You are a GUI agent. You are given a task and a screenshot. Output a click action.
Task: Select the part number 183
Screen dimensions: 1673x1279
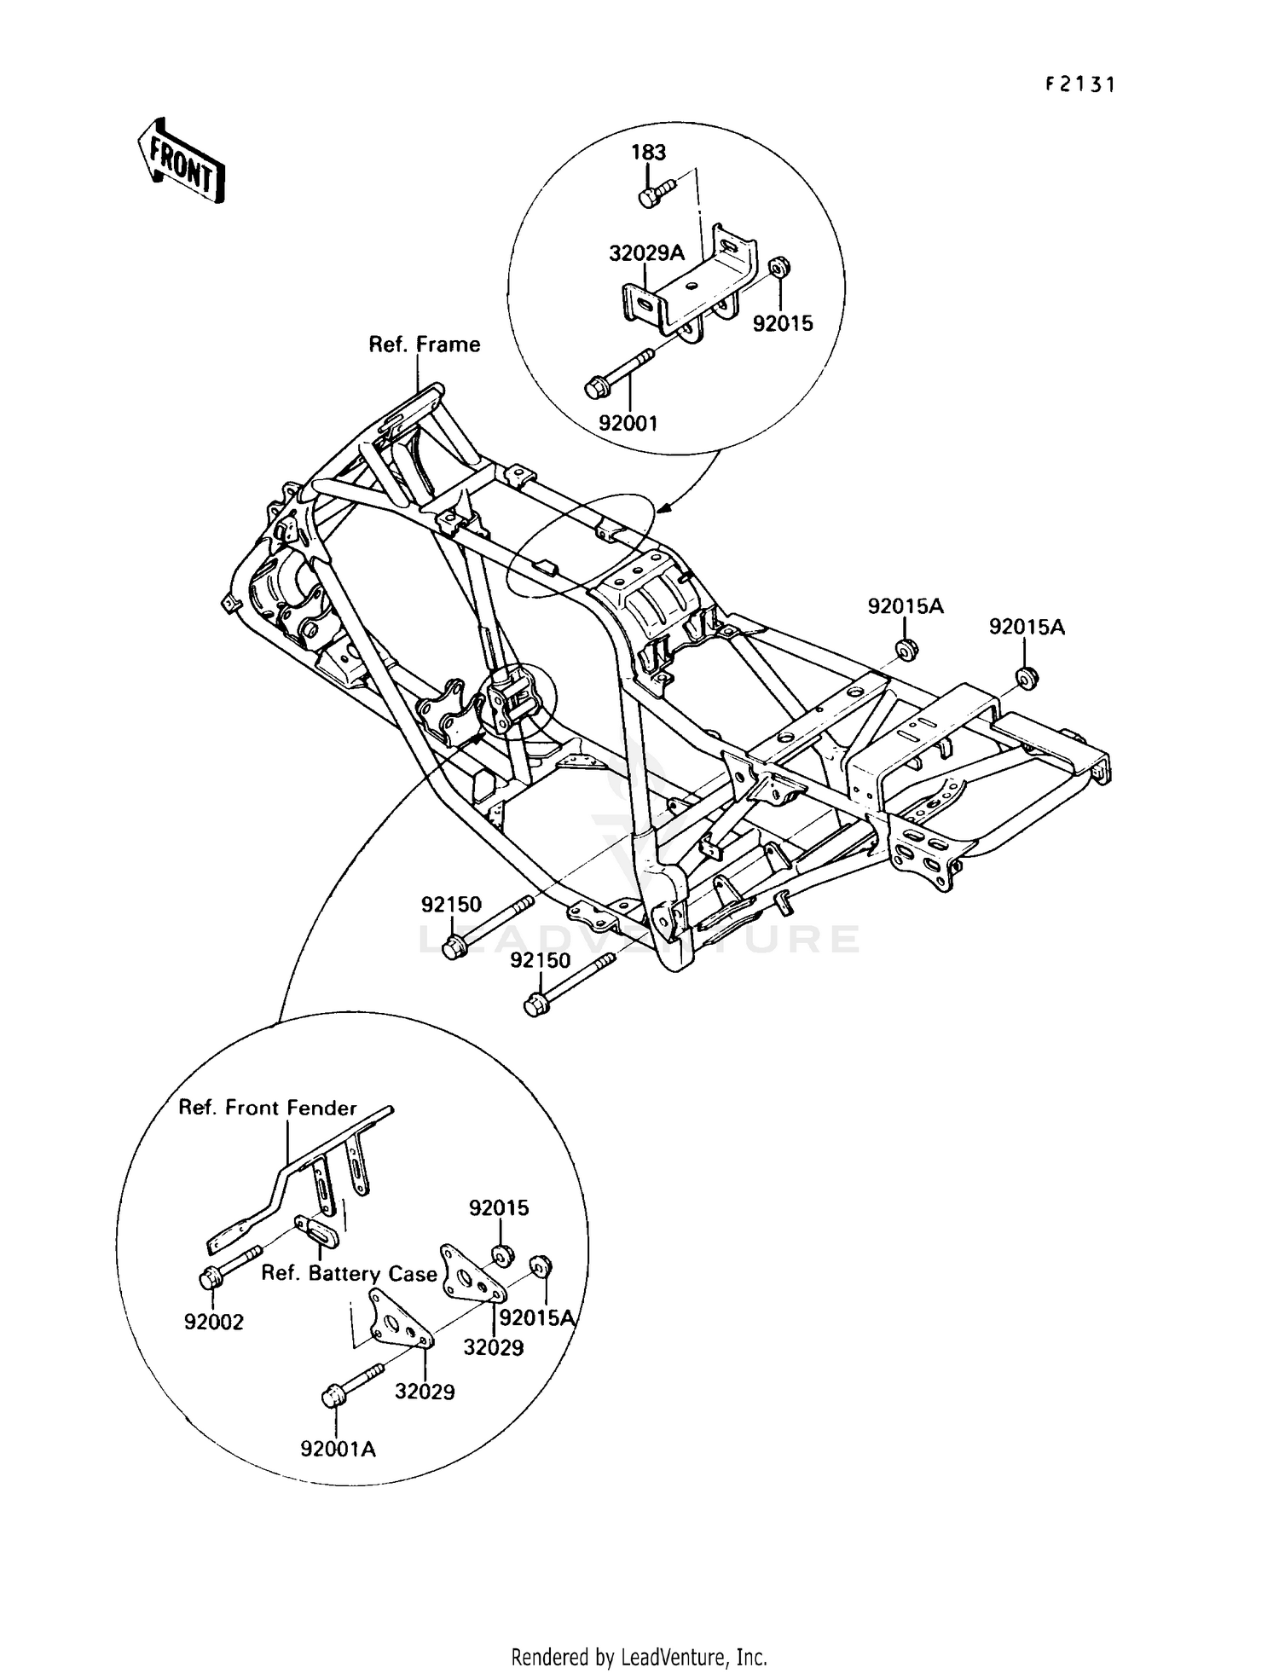tap(648, 152)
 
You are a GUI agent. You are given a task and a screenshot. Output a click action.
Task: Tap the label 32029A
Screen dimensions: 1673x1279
tap(646, 253)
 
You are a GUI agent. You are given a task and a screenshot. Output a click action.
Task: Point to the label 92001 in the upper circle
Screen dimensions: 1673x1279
tap(628, 423)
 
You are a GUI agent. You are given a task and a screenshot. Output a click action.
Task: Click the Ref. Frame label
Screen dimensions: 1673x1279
tap(424, 344)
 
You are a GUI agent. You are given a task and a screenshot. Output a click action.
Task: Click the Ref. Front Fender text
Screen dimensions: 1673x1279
tap(267, 1108)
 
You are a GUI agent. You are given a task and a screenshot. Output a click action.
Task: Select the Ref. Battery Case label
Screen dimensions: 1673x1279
tap(349, 1273)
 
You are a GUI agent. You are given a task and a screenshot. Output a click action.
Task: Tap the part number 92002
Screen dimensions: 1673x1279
tap(214, 1322)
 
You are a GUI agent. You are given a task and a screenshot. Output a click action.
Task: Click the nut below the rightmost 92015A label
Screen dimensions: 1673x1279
tap(1026, 678)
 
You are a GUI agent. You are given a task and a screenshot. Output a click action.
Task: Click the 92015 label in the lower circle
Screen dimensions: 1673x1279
tap(499, 1207)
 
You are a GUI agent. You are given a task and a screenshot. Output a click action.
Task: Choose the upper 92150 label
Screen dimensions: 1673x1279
tap(451, 904)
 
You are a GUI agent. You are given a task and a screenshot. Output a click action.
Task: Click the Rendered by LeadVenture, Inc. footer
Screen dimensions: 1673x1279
tap(639, 1657)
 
